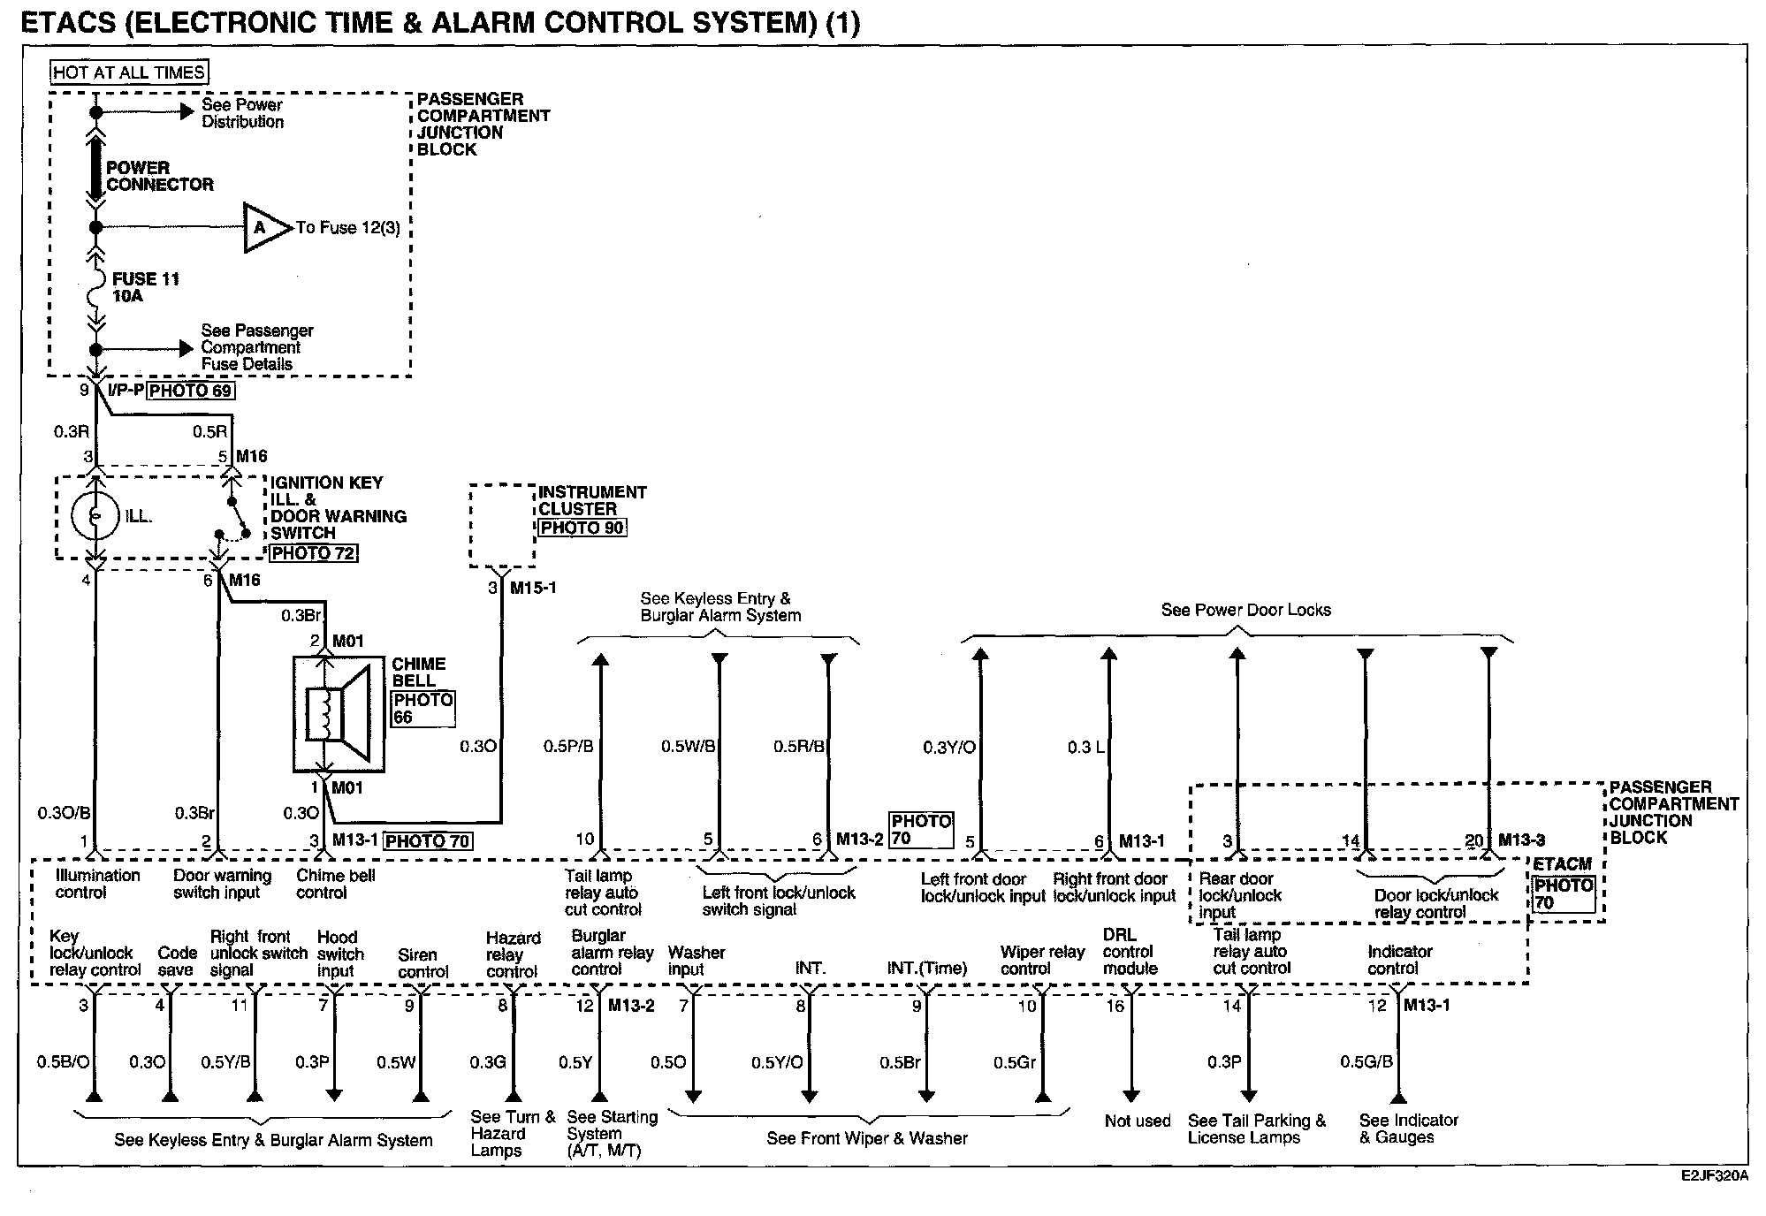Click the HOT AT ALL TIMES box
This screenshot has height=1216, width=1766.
click(129, 72)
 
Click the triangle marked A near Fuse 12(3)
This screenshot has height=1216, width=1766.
click(263, 228)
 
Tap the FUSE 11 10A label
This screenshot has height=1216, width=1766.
click(145, 287)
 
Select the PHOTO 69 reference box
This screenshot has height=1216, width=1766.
click(191, 391)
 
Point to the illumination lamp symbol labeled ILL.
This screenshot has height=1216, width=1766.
click(95, 515)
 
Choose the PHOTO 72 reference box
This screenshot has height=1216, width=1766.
click(314, 553)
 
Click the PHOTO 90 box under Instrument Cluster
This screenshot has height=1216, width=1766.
click(582, 528)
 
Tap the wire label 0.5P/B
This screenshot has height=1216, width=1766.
click(568, 747)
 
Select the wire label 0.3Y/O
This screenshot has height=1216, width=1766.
click(949, 748)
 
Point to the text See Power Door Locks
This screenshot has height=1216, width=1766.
click(1245, 610)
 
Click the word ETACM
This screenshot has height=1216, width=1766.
click(1563, 864)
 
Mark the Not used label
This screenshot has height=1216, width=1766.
click(1138, 1121)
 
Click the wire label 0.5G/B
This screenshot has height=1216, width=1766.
click(1366, 1061)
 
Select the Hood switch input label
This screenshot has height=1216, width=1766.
click(340, 954)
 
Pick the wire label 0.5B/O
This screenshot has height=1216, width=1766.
click(63, 1062)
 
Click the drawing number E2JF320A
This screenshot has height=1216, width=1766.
click(1714, 1177)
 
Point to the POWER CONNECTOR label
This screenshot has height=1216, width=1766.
click(159, 176)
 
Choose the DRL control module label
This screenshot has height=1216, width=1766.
click(1130, 952)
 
